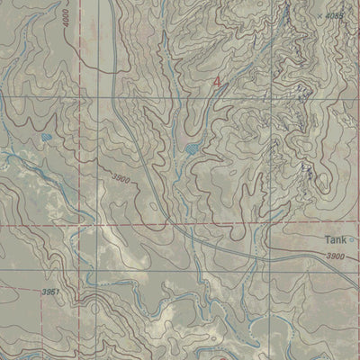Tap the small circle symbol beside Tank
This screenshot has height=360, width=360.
pos(354,240)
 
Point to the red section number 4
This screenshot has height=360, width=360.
pos(216,82)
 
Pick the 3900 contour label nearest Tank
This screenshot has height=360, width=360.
pos(335,257)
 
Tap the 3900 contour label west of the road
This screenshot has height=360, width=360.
pos(122,180)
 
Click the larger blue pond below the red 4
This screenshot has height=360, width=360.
pos(192,148)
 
